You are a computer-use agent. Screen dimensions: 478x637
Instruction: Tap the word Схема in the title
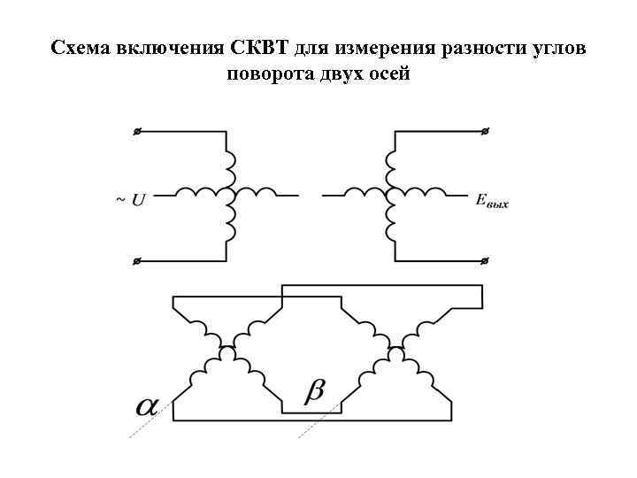(81, 47)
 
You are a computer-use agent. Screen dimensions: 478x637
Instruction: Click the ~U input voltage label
(131, 200)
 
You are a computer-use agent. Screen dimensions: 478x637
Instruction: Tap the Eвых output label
(492, 202)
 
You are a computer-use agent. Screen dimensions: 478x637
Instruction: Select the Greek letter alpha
(146, 406)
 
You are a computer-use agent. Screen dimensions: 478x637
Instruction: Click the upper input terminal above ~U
(137, 132)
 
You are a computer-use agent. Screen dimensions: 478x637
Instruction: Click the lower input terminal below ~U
(137, 261)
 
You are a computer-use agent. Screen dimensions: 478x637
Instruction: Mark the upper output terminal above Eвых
(485, 132)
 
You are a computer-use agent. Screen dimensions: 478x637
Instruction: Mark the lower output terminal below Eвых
(485, 261)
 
